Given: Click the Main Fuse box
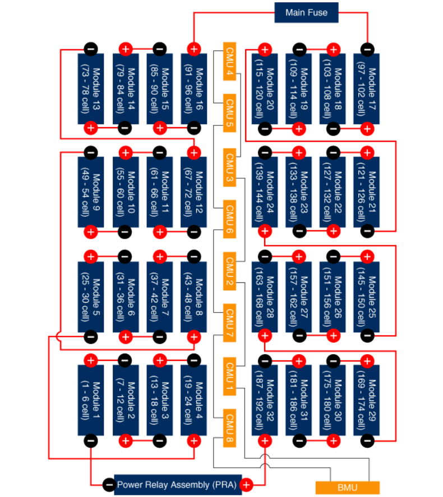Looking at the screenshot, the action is point(306,13).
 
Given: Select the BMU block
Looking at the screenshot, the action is point(348,487).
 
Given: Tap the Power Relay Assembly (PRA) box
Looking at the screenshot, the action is point(178,485).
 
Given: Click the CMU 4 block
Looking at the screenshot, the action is point(229,62).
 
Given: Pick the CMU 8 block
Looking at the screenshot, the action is point(229,428).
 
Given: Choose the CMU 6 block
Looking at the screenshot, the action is point(229,219).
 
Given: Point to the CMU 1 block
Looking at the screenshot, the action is point(229,376).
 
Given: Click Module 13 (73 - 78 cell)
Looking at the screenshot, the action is point(91,89).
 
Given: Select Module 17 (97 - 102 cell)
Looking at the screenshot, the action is point(367,89).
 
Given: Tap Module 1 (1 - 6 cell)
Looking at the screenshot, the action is point(91,400).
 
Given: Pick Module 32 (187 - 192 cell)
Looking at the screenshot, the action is point(265,400).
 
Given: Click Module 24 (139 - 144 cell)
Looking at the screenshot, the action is point(265,192).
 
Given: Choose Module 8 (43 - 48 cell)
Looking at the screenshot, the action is point(194,296).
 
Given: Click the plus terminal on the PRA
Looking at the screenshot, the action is point(246,485).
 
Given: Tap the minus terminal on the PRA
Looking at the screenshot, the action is point(109,485).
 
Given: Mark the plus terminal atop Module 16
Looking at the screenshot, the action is point(194,49).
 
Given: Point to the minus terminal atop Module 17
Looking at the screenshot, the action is point(367,49).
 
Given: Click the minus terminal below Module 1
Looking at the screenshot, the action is point(91,440).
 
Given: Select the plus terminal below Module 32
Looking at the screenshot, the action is point(265,440).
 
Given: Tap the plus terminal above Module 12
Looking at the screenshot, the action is point(194,153).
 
